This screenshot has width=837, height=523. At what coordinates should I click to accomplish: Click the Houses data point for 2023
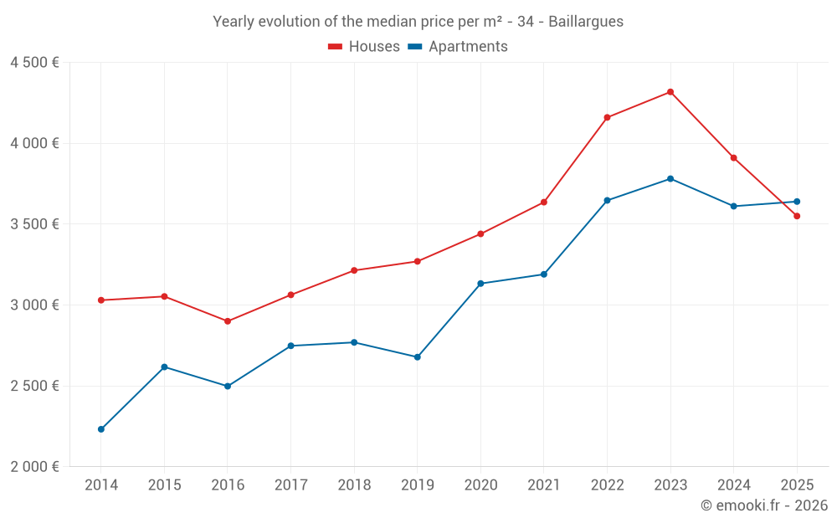(x=670, y=92)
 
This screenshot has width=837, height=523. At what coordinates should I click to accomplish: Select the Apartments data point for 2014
(x=101, y=429)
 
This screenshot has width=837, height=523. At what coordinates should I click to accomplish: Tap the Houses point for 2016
(x=228, y=321)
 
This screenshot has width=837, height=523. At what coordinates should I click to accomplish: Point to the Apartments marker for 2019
(x=418, y=357)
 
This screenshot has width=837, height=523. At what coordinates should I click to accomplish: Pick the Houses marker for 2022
(x=607, y=117)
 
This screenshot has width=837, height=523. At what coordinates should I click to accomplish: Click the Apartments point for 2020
(x=480, y=284)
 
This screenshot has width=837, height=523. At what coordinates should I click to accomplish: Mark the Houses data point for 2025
(x=797, y=216)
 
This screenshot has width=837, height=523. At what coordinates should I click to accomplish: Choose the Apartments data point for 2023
(x=670, y=178)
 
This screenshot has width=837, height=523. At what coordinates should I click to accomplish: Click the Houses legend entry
(x=364, y=47)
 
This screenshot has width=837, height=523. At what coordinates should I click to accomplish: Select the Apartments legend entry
(x=458, y=47)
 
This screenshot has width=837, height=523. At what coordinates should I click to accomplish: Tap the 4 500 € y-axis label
(x=34, y=63)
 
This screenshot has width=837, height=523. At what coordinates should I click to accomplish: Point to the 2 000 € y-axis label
(x=34, y=467)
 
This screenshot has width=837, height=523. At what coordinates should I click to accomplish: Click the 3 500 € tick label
(x=34, y=224)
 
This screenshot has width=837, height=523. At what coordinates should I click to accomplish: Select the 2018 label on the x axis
(x=354, y=485)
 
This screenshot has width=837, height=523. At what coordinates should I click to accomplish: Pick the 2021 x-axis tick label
(x=544, y=485)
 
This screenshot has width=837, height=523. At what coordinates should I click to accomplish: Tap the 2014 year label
(x=101, y=485)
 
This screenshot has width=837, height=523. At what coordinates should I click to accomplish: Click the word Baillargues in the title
(x=586, y=22)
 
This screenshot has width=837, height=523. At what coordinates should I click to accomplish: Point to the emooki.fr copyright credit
(x=764, y=505)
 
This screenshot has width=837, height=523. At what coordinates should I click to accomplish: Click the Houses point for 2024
(x=733, y=157)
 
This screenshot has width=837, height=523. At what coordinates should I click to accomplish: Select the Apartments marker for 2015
(x=164, y=367)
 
